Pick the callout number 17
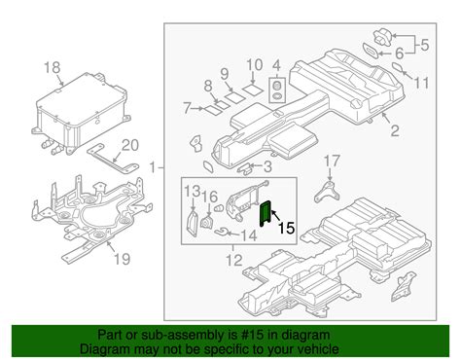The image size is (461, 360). click(333, 161)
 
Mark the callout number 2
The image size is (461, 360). click(394, 130)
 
